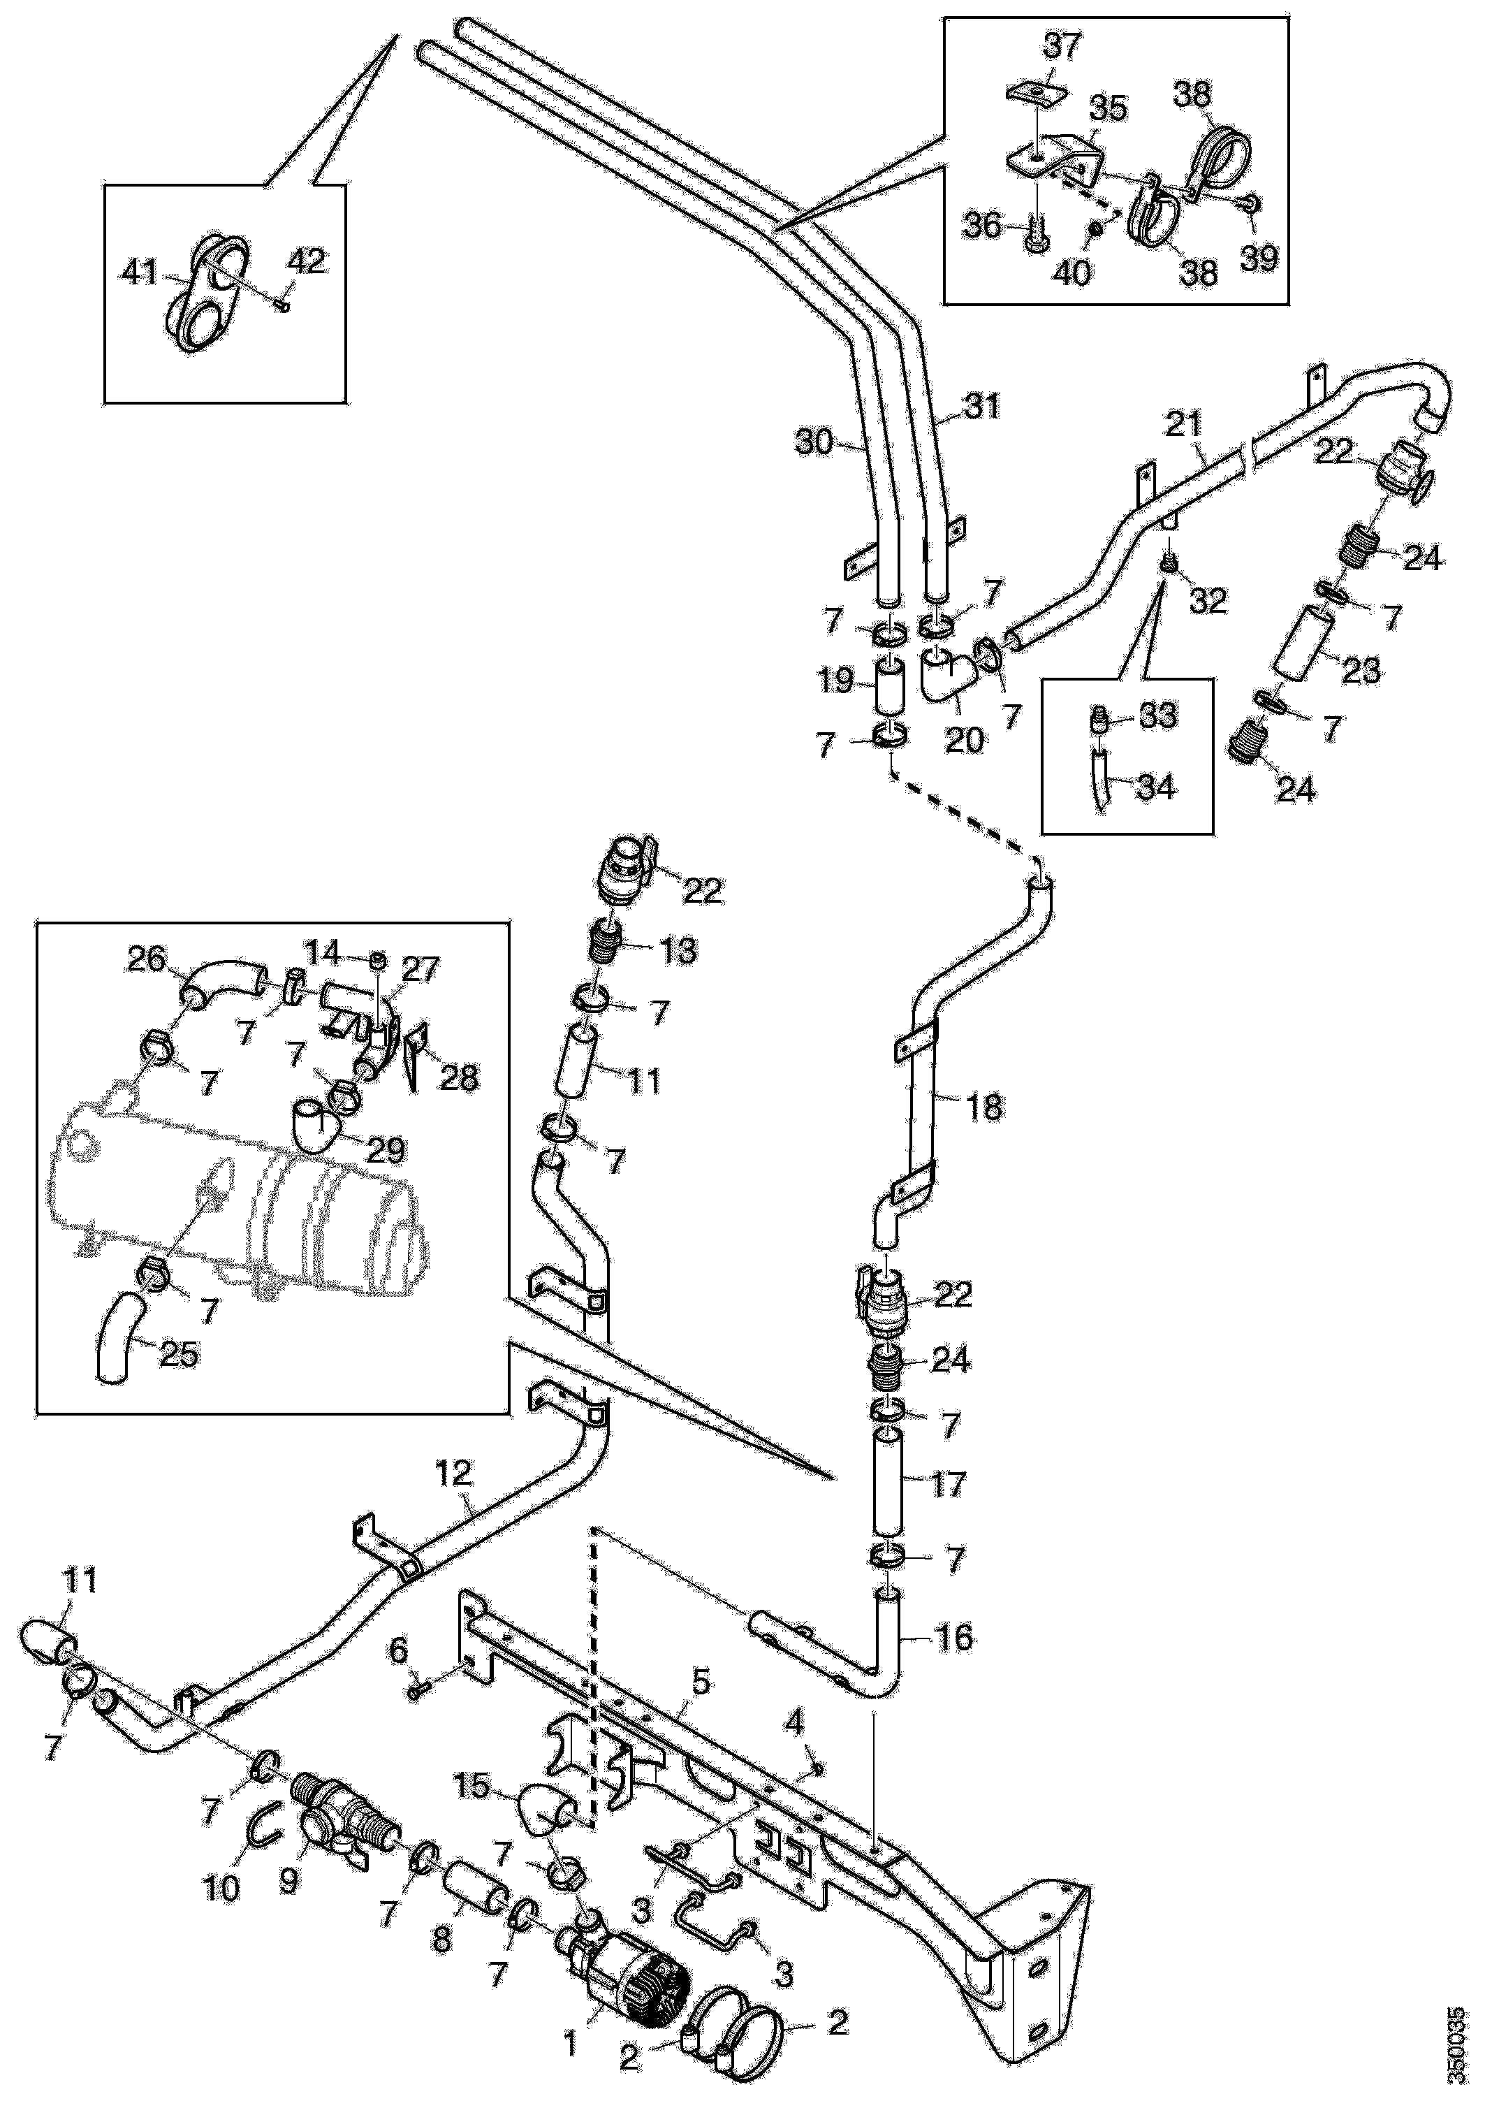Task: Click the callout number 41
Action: [x=140, y=272]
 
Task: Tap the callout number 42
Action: [x=306, y=263]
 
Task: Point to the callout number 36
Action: [x=984, y=225]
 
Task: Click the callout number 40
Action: [x=1072, y=272]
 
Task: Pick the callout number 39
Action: [x=1258, y=257]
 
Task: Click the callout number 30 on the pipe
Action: [x=814, y=443]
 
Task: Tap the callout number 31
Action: [x=983, y=405]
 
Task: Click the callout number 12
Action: [x=454, y=1474]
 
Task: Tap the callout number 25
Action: [x=178, y=1353]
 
